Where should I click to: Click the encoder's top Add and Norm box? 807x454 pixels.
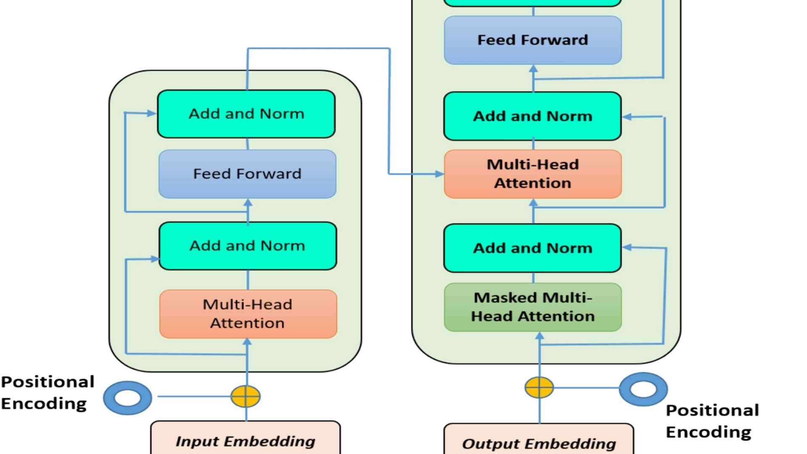[246, 114]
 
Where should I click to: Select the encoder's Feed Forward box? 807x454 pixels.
[247, 174]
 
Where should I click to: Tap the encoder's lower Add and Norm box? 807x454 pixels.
[248, 246]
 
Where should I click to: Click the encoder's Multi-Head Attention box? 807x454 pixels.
[248, 314]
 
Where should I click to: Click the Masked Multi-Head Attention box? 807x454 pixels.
[533, 307]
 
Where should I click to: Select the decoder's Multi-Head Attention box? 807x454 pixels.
[533, 174]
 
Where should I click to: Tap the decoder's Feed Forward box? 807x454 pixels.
[533, 40]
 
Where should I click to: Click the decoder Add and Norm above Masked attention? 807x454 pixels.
[533, 248]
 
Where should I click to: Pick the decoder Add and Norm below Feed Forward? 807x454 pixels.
[533, 116]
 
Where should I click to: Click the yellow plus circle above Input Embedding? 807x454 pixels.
[245, 396]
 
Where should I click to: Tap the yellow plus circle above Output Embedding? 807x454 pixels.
[539, 387]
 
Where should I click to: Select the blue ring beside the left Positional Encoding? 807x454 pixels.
[127, 398]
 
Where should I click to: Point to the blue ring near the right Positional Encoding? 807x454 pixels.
[643, 389]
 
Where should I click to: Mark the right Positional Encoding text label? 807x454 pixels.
[712, 421]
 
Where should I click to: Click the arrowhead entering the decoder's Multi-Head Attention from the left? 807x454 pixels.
[439, 174]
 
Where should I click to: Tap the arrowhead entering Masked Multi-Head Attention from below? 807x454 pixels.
[540, 336]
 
